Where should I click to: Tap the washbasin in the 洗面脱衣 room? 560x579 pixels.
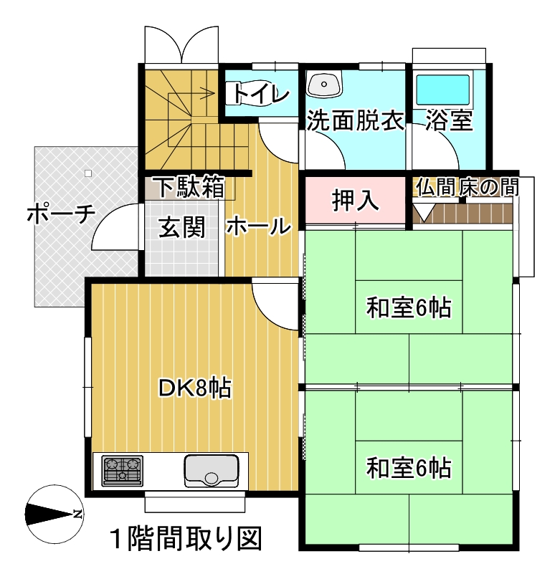[324, 85]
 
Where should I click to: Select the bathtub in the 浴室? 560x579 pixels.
[443, 90]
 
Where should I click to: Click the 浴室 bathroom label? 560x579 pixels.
[449, 120]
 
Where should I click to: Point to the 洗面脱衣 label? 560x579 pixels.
[356, 120]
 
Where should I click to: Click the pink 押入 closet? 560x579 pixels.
[355, 200]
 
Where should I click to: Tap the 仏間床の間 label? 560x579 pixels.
[467, 187]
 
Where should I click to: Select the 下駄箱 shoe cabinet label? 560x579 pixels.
[191, 187]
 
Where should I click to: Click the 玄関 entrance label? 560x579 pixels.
[181, 227]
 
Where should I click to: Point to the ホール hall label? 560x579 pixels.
[259, 226]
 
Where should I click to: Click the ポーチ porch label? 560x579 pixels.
[62, 214]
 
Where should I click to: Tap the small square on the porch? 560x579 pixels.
[88, 173]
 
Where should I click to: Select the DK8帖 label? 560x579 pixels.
[194, 388]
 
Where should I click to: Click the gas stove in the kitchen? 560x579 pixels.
[123, 471]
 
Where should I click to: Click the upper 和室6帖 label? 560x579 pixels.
[409, 307]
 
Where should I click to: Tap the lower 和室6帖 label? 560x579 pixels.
[409, 467]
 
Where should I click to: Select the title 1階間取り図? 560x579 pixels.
[186, 539]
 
